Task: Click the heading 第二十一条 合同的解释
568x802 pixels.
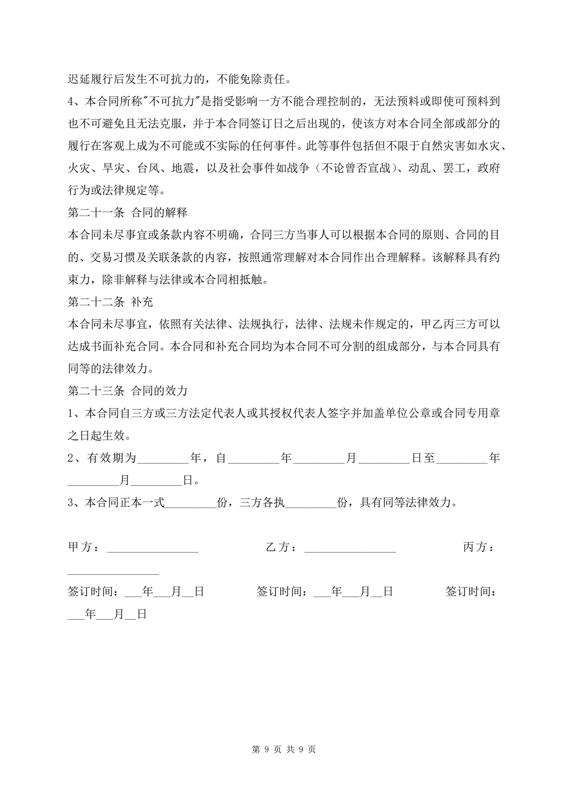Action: click(x=127, y=212)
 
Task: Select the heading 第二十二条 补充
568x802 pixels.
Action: click(x=110, y=302)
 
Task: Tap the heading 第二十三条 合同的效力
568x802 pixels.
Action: click(x=127, y=391)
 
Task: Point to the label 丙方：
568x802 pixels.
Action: click(x=478, y=547)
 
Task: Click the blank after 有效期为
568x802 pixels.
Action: click(x=163, y=459)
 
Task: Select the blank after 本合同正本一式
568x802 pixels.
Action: click(x=191, y=503)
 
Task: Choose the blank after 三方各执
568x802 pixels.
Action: click(x=311, y=503)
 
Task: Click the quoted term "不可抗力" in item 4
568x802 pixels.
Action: click(x=172, y=101)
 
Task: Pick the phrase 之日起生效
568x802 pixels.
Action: click(x=96, y=435)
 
